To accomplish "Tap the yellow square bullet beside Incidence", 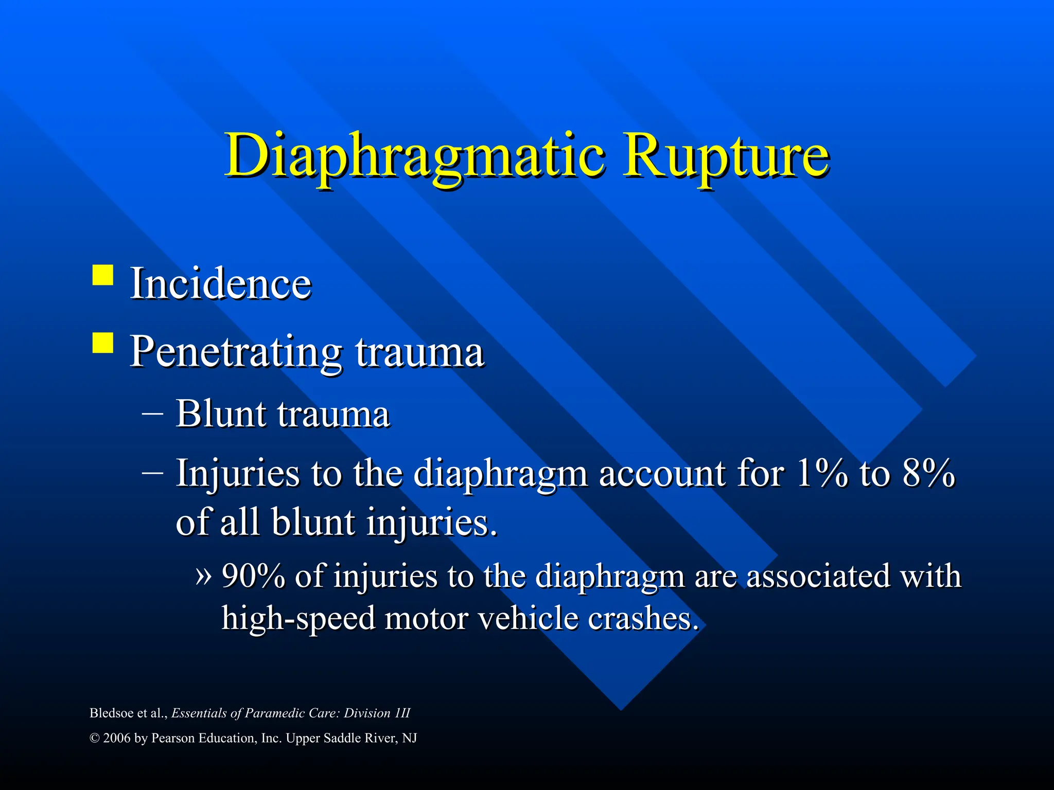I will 103,275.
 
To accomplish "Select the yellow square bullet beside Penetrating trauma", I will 103,343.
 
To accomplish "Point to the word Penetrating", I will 236,353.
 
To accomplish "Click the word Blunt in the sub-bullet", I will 221,414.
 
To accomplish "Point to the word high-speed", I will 298,619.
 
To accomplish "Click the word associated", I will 818,576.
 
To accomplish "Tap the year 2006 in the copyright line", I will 116,739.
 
